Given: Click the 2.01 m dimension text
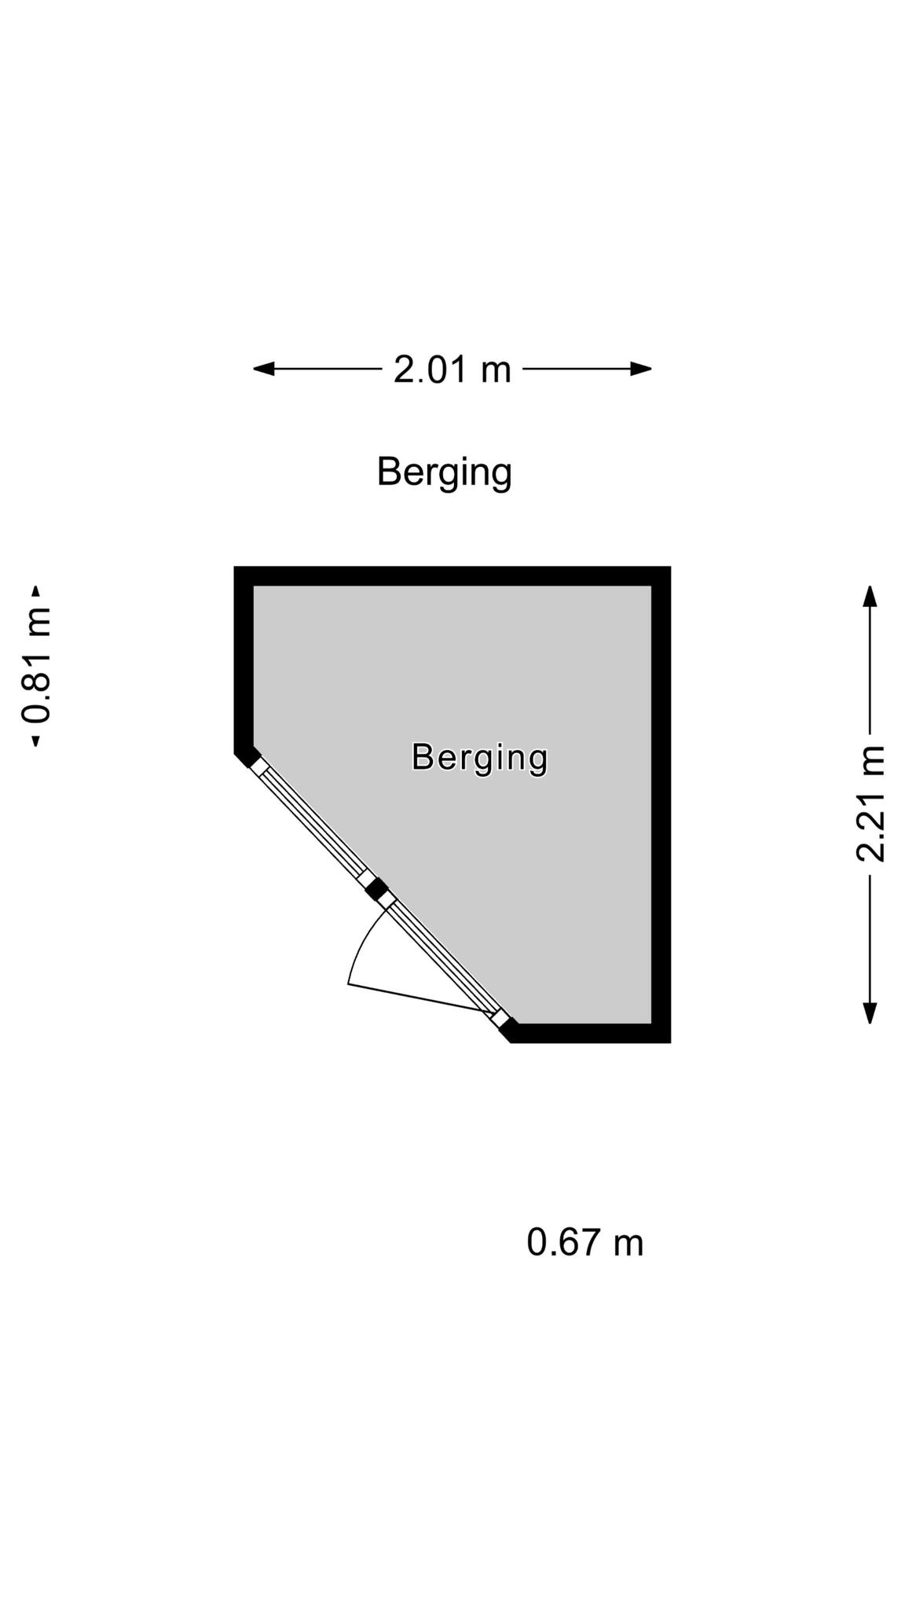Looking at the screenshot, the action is click(x=452, y=369).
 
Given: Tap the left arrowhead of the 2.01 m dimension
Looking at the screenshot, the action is click(x=263, y=368).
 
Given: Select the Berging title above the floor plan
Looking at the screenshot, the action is click(x=445, y=472).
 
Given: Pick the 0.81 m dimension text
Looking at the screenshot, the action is click(x=36, y=666).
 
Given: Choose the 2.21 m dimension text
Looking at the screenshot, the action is click(x=870, y=804).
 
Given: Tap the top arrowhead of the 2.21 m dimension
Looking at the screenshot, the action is click(x=870, y=596).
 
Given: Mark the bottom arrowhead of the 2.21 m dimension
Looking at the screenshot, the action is click(x=870, y=1013).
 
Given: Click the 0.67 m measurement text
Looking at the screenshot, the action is click(x=585, y=1243).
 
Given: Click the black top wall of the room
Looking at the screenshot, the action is click(x=452, y=575).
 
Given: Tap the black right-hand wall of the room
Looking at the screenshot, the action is click(x=661, y=804).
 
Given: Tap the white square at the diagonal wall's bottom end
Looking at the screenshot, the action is click(x=500, y=1019).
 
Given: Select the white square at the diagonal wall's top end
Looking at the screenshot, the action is click(x=259, y=766).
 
